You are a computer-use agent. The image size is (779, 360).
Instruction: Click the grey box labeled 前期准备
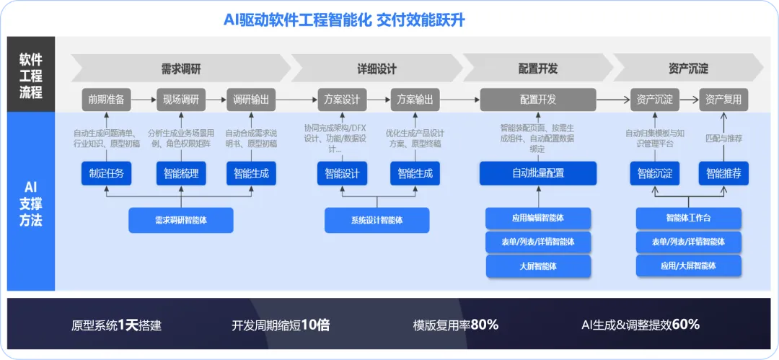tap(106, 100)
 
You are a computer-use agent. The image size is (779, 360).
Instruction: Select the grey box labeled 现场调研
tap(181, 100)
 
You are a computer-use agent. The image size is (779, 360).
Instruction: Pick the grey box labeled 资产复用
tap(723, 100)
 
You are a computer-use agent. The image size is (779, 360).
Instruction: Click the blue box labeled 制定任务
tap(106, 173)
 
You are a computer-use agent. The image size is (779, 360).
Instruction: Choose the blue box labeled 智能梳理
tap(181, 173)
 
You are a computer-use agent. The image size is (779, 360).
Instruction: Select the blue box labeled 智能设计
tap(342, 173)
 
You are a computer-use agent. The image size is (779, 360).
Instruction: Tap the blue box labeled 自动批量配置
tap(538, 173)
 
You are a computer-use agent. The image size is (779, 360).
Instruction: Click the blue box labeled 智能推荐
tap(723, 173)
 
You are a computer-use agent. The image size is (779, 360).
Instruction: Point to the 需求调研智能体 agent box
tap(181, 220)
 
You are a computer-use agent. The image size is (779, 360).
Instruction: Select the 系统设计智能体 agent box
tap(377, 220)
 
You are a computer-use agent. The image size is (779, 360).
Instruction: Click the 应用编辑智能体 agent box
tap(538, 218)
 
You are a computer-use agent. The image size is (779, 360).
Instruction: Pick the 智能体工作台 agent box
tap(689, 218)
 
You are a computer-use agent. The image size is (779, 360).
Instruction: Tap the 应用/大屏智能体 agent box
tap(689, 265)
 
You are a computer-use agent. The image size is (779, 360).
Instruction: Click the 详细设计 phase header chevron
tap(377, 69)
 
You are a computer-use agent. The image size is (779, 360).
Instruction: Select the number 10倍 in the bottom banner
tap(315, 325)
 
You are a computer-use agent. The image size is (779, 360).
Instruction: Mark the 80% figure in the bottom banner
tap(484, 325)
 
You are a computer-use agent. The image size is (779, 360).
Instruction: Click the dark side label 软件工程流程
tap(31, 75)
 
